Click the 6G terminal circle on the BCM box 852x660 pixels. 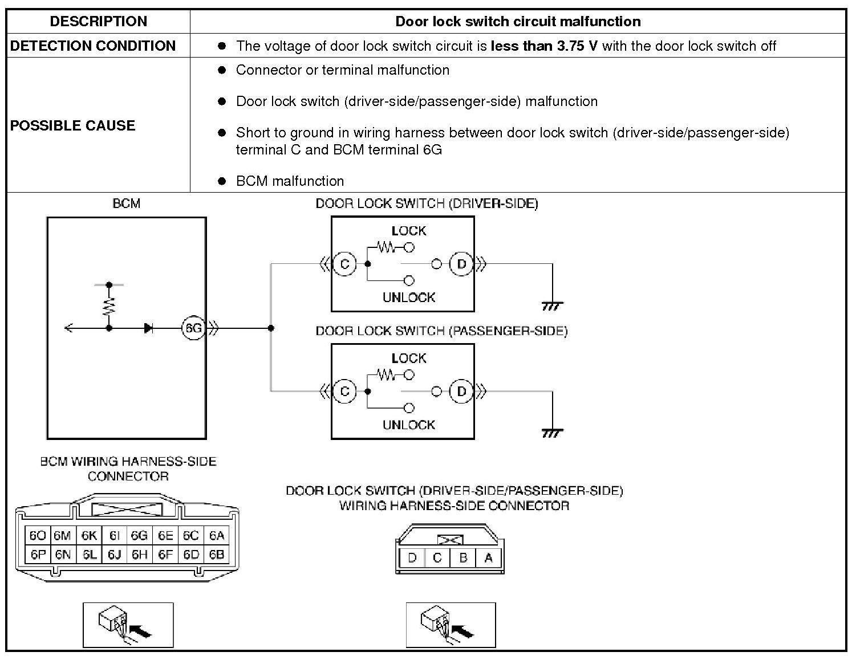(x=193, y=328)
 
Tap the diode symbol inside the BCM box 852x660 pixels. (x=148, y=328)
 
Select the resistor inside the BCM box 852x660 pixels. (x=109, y=306)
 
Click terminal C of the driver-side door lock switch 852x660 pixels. (x=344, y=264)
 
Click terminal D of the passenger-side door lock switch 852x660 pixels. (x=461, y=392)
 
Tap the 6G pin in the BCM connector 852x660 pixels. (x=139, y=536)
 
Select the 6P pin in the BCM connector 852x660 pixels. (x=38, y=555)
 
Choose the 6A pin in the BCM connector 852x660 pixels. (x=217, y=536)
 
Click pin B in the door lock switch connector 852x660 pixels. (x=463, y=558)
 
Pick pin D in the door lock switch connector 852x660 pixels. (x=412, y=558)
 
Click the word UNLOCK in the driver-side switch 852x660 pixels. (x=409, y=298)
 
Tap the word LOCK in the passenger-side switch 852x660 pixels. (x=409, y=358)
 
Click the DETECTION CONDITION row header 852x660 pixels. (x=93, y=46)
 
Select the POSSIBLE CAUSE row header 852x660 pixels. (x=72, y=125)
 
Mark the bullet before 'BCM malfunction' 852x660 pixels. (x=222, y=181)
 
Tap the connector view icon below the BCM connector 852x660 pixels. (x=128, y=625)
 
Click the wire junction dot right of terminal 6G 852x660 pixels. (x=271, y=328)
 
